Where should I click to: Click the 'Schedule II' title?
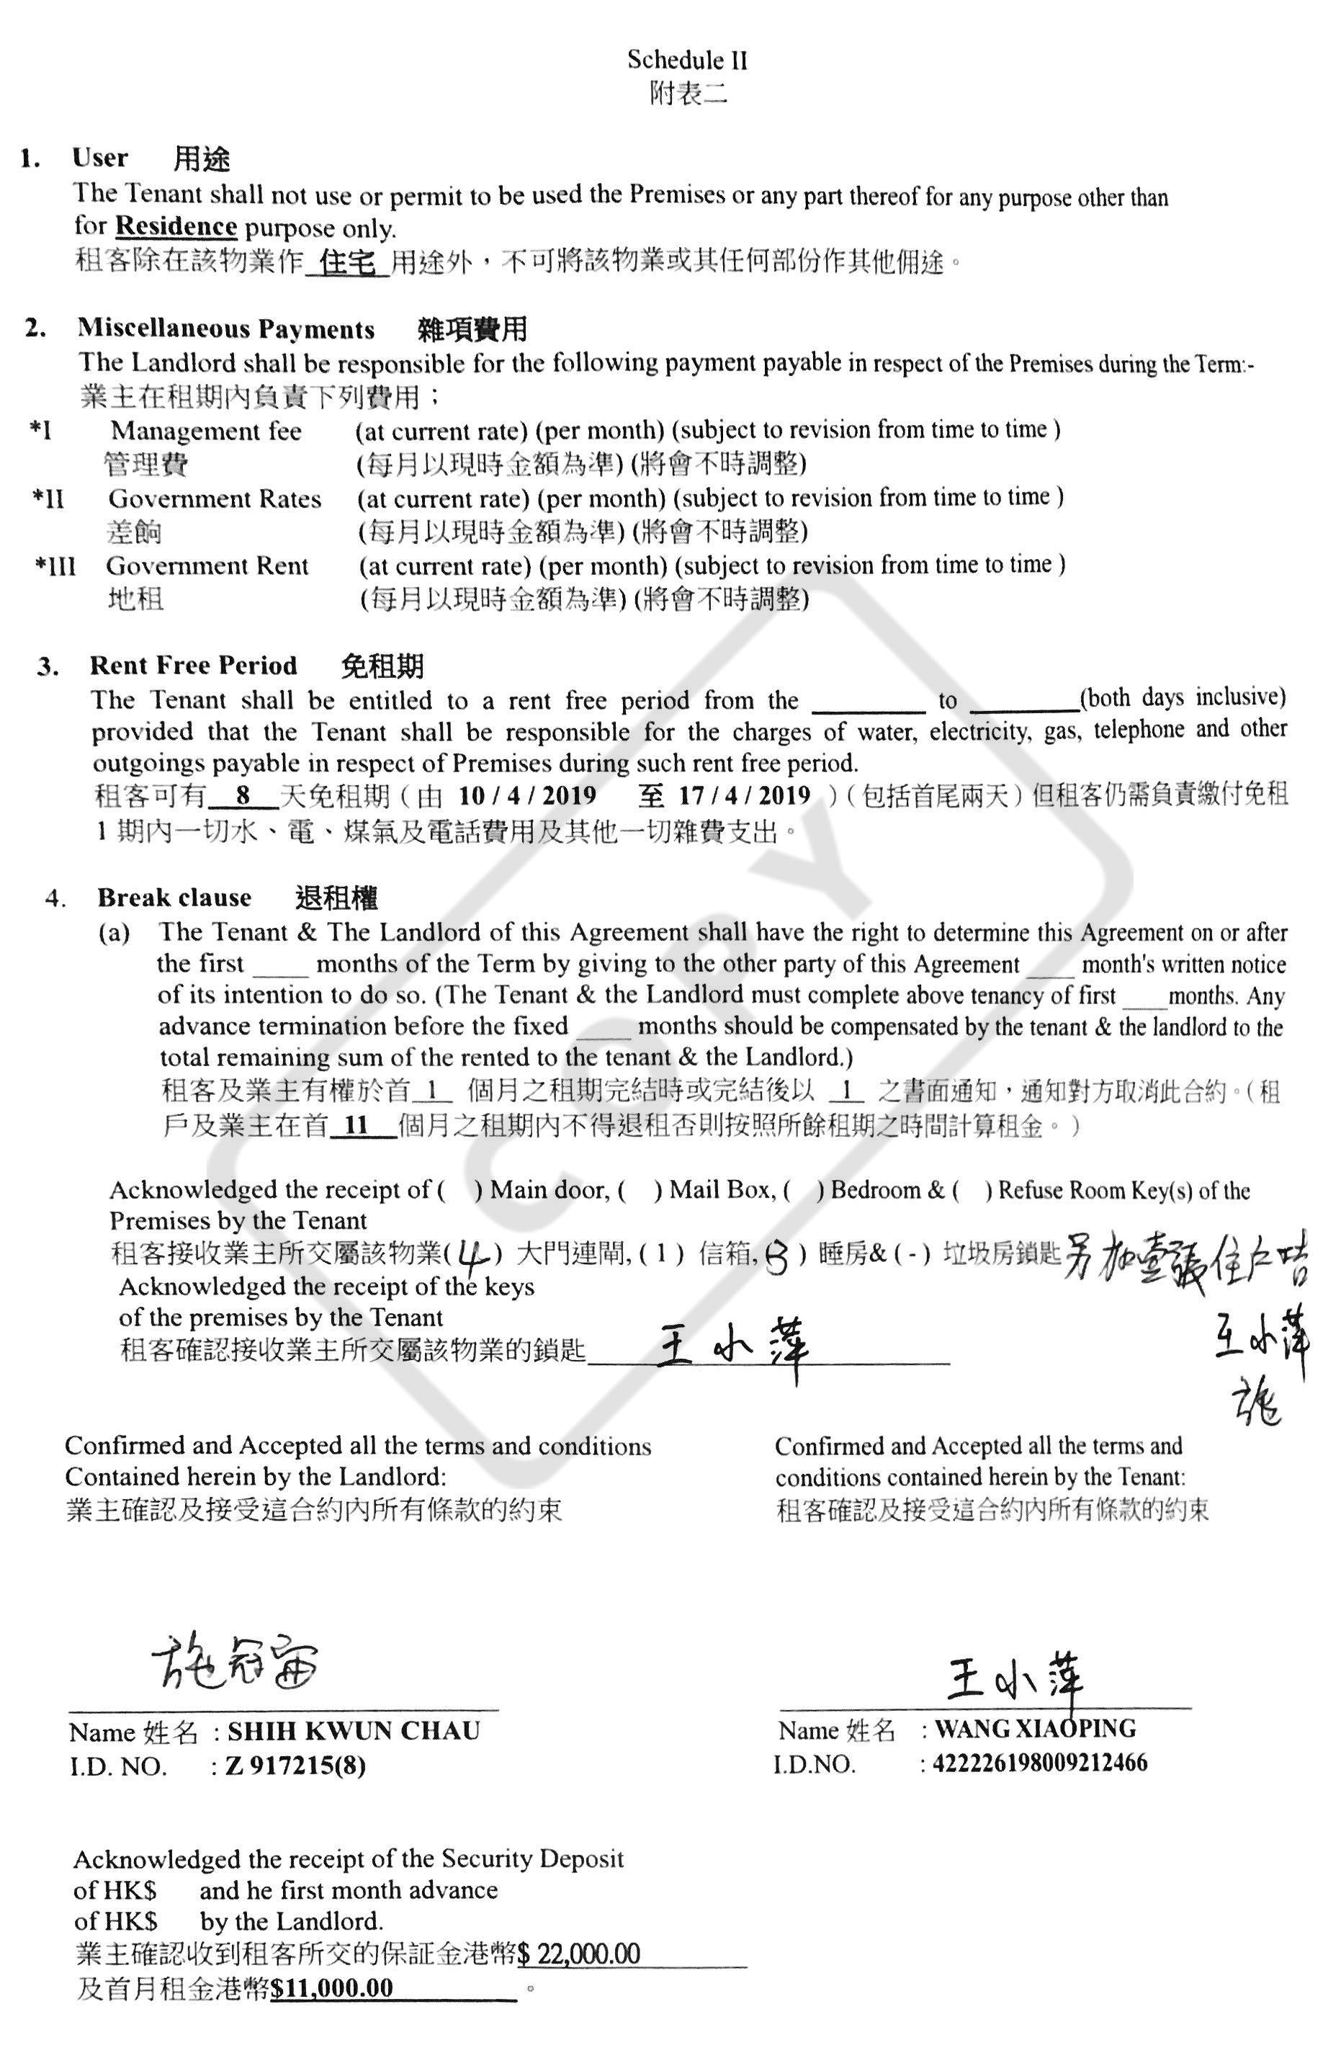pyautogui.click(x=686, y=60)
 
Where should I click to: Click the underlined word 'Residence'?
pyautogui.click(x=176, y=226)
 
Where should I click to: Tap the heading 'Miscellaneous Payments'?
pyautogui.click(x=226, y=328)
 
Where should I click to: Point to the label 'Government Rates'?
pyautogui.click(x=215, y=498)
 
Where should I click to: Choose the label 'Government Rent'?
pyautogui.click(x=207, y=566)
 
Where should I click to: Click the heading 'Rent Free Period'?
pyautogui.click(x=193, y=665)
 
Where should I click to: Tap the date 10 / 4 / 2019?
pyautogui.click(x=527, y=795)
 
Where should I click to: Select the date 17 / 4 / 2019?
pyautogui.click(x=744, y=795)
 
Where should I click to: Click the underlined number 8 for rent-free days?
pyautogui.click(x=243, y=795)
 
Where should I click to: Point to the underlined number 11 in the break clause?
pyautogui.click(x=355, y=1125)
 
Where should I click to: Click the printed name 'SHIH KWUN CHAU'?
pyautogui.click(x=354, y=1730)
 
